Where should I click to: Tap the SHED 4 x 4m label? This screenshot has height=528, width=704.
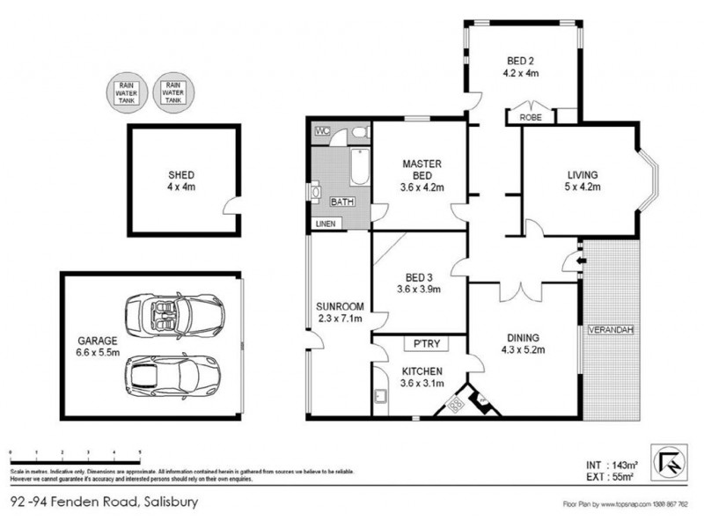click(x=181, y=180)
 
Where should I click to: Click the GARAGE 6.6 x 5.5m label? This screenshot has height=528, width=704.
click(x=95, y=344)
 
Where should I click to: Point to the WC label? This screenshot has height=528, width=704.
click(x=322, y=132)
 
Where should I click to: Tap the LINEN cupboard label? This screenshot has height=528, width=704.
click(x=326, y=224)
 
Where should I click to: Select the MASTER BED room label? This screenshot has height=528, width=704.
click(x=422, y=175)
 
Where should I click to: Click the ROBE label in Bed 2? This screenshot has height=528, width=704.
click(x=532, y=115)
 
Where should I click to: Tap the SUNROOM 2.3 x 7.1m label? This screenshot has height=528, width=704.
click(x=340, y=312)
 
